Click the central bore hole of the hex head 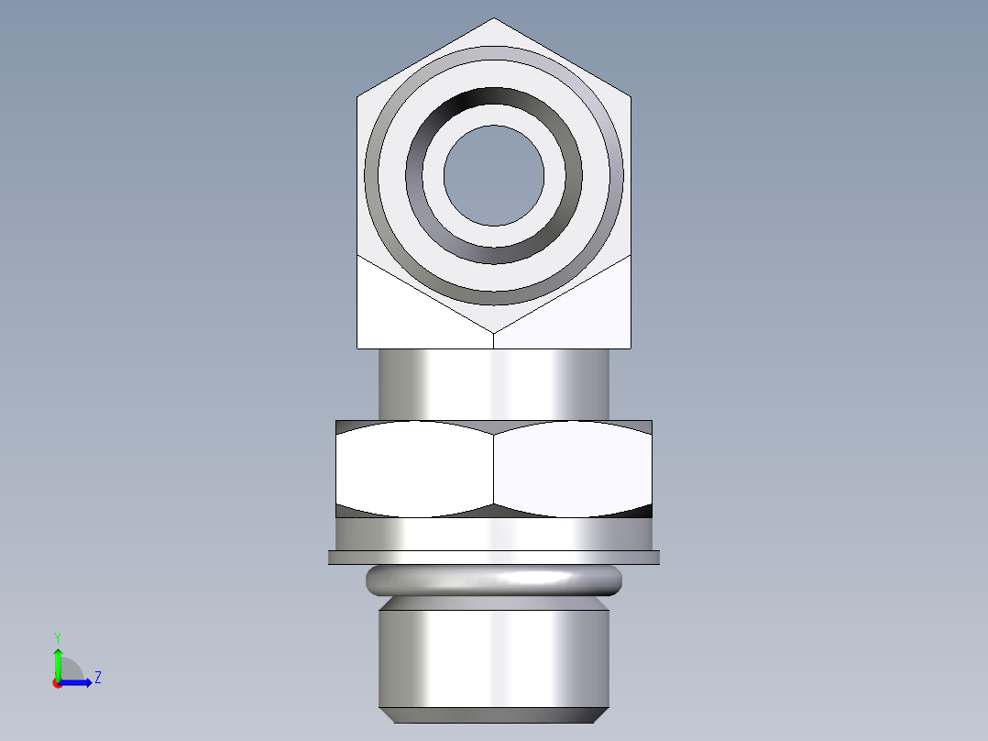(494, 175)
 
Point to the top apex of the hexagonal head (494, 20)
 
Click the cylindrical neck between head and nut (494, 383)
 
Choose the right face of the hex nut (573, 469)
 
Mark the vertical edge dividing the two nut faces (494, 469)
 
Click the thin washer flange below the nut (494, 557)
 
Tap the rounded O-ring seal (494, 580)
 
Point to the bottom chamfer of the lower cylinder (494, 714)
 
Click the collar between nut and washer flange (494, 533)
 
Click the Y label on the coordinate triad (57, 636)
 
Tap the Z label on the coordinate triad (97, 678)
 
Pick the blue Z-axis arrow (78, 682)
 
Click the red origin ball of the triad (58, 683)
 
